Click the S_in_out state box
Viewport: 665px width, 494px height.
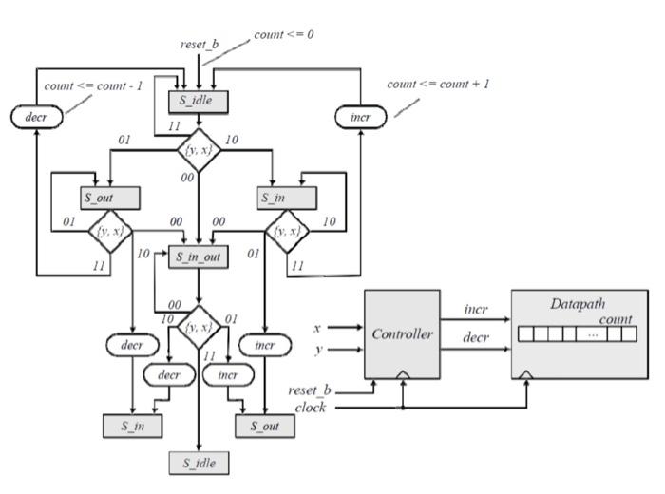(199, 257)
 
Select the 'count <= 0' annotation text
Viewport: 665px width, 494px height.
(283, 35)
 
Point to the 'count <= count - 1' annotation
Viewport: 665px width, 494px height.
(93, 85)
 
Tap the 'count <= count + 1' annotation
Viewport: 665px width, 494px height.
(438, 84)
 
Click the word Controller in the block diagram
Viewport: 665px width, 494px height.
(402, 334)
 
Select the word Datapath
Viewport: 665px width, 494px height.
(577, 304)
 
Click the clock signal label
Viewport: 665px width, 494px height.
(311, 408)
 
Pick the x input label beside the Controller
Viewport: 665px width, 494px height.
(317, 328)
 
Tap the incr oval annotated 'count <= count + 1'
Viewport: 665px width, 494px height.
(361, 117)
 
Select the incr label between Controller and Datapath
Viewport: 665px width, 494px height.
(476, 311)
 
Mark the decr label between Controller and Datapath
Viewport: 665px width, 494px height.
(476, 337)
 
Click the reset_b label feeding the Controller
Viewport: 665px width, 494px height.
(310, 390)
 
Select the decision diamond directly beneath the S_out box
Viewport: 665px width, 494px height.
(111, 232)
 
